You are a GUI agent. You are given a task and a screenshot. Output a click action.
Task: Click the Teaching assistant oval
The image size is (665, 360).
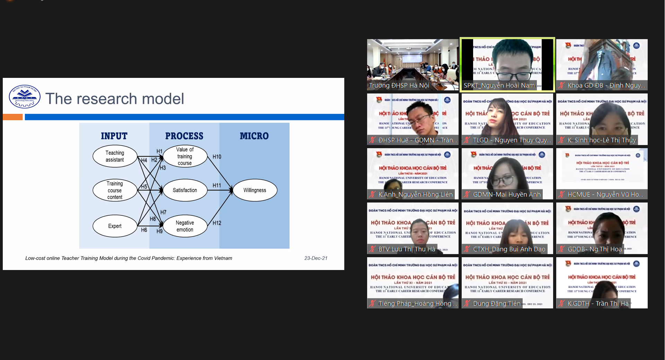point(115,156)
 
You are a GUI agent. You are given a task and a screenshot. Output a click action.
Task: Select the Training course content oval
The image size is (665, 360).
point(115,190)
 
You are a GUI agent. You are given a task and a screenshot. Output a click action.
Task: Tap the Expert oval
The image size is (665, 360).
point(115,226)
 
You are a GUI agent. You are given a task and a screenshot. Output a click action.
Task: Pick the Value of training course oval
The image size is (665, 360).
point(185,156)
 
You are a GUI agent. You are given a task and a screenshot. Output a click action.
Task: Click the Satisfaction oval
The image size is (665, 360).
point(185,190)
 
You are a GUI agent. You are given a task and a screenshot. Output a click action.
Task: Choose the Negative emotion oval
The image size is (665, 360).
point(185,226)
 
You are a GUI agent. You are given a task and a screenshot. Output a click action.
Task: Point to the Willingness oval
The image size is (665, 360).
point(255,190)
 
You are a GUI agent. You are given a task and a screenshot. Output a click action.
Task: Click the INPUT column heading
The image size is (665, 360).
point(114,136)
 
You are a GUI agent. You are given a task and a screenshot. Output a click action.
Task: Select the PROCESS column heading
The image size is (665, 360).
point(184,136)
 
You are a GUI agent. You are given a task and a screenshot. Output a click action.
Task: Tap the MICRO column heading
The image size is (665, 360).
point(254,136)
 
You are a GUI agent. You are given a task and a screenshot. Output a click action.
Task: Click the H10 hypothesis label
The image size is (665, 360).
point(217,157)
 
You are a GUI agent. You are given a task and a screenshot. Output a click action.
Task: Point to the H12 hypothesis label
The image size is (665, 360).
point(217,223)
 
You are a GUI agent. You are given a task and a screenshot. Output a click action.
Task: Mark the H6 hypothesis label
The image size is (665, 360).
point(144,230)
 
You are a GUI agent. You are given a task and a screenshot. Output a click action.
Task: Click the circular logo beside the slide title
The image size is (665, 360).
point(24,97)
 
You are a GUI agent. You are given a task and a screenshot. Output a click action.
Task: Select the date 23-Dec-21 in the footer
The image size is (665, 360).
point(316,258)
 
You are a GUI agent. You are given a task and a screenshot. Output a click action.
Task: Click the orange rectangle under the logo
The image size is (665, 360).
point(13,117)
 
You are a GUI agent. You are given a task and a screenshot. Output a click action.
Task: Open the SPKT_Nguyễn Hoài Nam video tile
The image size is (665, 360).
point(507,65)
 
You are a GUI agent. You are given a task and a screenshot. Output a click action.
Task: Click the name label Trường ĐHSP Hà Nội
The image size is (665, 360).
point(399,85)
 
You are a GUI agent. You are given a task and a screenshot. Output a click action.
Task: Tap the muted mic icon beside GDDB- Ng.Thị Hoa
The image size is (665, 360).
point(561,249)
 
